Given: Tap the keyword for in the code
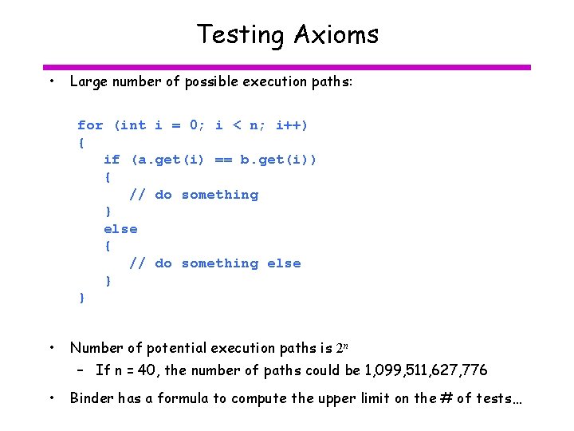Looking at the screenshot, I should coord(90,125).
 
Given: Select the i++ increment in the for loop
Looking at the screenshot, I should coord(291,125).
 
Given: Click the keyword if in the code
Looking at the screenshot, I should coord(112,160).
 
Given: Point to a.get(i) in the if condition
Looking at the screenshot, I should coord(167,160).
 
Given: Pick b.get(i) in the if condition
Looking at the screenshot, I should coord(278,160).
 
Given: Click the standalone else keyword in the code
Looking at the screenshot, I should coord(120,229).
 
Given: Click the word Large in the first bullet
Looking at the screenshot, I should coord(88,81).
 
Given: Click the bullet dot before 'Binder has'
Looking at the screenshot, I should coord(51,397).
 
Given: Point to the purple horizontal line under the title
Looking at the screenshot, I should coord(286,67).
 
